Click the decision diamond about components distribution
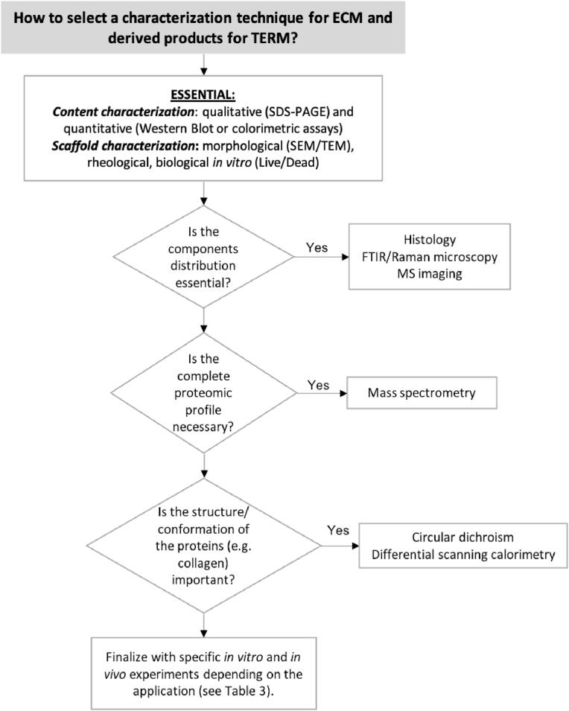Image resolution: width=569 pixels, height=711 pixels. pyautogui.click(x=203, y=254)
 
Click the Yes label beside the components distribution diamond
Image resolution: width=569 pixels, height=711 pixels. pyautogui.click(x=317, y=248)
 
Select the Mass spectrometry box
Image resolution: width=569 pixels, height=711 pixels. pyautogui.click(x=422, y=393)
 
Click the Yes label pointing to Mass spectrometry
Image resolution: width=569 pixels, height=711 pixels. pyautogui.click(x=319, y=386)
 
